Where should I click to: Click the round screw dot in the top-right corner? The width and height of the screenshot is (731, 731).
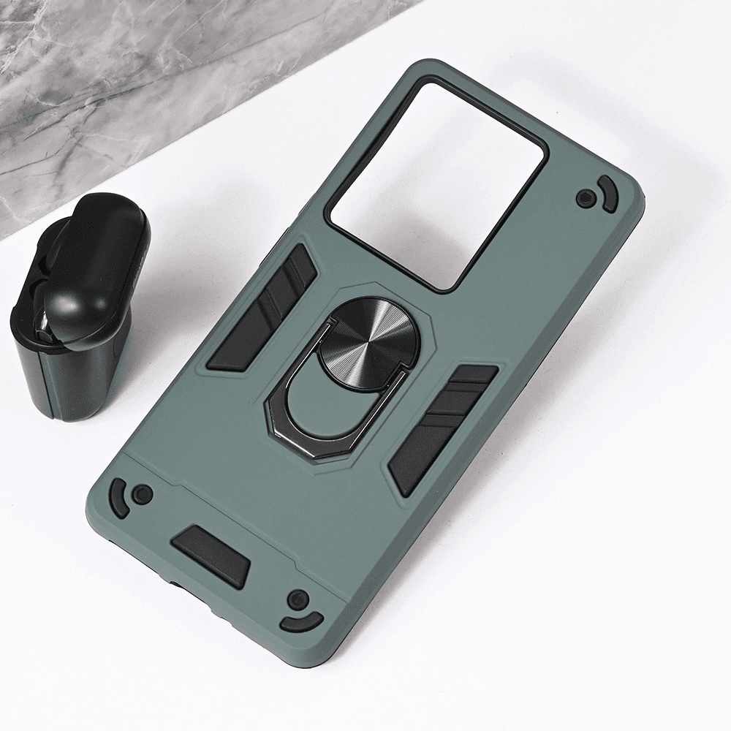coord(585,197)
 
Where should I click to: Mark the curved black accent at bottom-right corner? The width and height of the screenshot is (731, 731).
coord(301,623)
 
